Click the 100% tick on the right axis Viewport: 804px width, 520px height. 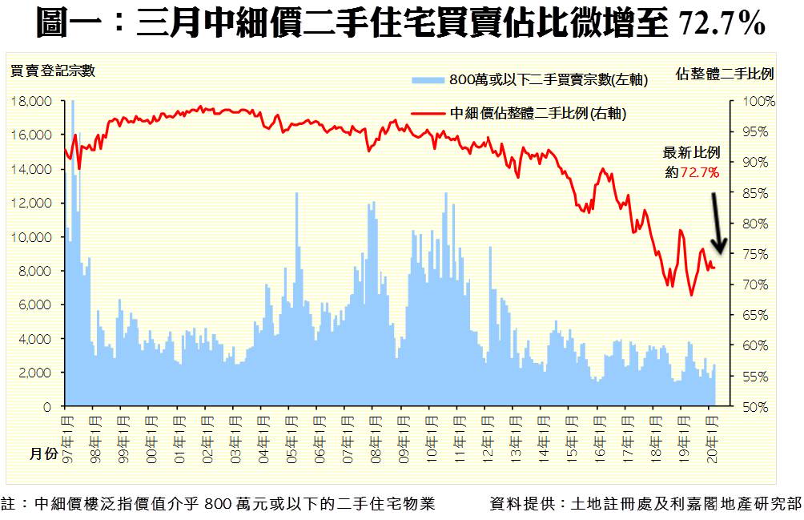[x=759, y=102]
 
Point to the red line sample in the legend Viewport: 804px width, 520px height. [x=428, y=113]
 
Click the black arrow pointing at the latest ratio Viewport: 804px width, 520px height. [x=717, y=220]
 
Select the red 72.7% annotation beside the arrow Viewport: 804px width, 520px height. [x=698, y=171]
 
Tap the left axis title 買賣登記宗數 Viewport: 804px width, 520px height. [x=52, y=71]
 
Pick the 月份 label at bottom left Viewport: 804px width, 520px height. [x=44, y=453]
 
